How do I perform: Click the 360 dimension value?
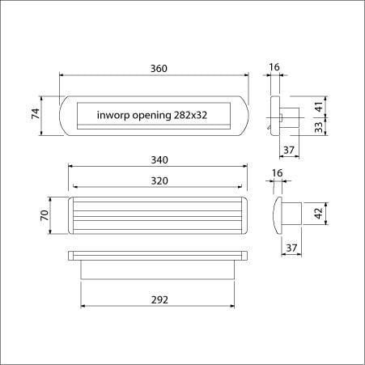click(159, 69)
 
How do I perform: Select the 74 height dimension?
click(36, 113)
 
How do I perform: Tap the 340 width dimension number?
click(159, 160)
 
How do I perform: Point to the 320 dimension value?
click(159, 180)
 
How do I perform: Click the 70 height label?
click(45, 215)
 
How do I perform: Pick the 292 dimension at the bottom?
click(159, 299)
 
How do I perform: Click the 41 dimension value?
click(319, 107)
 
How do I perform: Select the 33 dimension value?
click(319, 127)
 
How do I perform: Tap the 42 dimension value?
click(319, 214)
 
